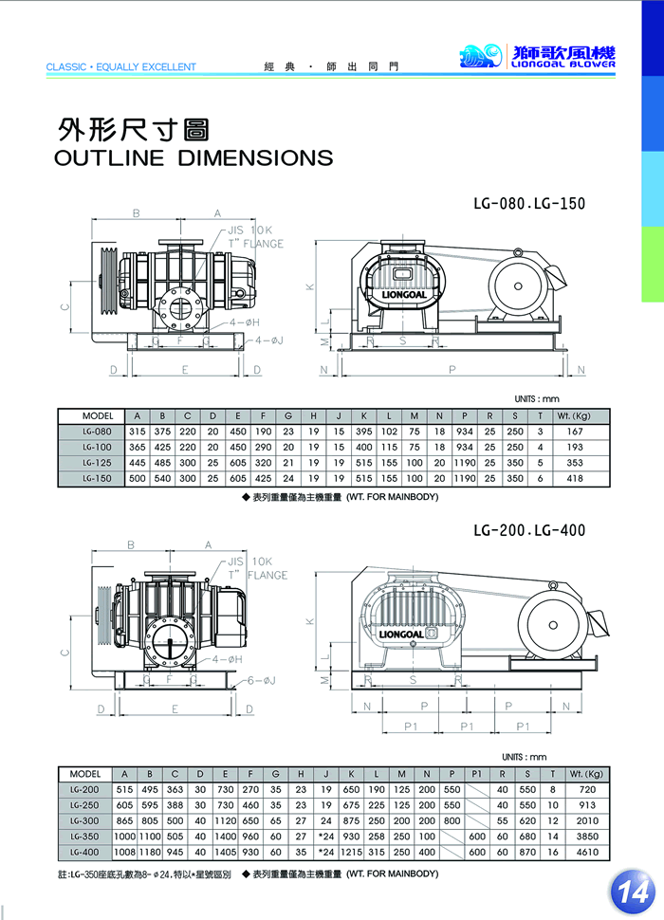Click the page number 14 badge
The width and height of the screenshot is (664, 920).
pos(633,890)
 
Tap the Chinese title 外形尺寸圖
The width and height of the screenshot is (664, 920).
pos(133,129)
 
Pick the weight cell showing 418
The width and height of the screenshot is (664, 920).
pos(574,479)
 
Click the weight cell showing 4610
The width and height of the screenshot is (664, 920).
pos(587,853)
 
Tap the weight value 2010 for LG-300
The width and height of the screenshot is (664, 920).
pos(587,820)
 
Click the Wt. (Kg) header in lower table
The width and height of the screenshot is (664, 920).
pos(587,774)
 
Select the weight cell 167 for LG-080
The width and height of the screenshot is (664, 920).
pos(574,432)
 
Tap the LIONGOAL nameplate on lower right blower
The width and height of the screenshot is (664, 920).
pos(408,633)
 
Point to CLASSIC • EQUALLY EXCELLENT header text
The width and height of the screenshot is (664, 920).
pos(120,67)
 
